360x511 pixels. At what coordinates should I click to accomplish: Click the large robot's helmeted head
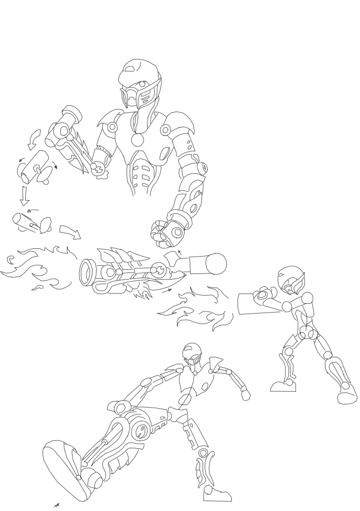(x=139, y=85)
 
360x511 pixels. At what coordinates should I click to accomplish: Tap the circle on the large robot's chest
(x=138, y=139)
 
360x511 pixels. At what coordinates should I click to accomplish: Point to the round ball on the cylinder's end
(x=215, y=263)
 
